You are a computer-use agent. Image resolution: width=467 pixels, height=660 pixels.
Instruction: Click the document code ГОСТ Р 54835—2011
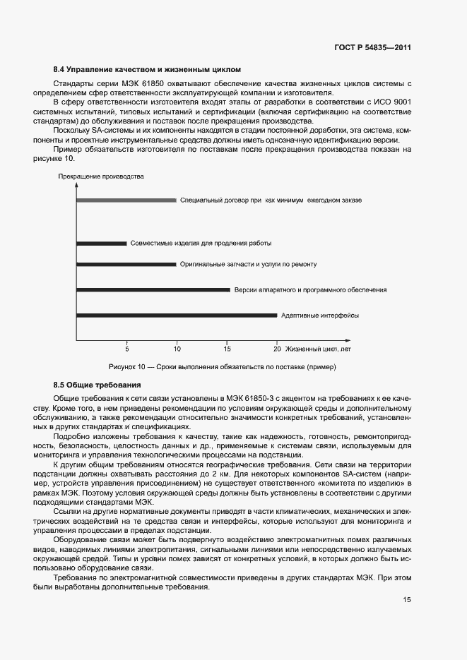click(372, 48)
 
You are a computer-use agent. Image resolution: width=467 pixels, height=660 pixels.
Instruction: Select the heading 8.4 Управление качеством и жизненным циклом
click(147, 70)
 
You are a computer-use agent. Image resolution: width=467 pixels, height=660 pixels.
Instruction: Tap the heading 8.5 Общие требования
click(97, 385)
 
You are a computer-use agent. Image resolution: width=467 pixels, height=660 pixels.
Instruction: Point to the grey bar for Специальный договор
click(126, 200)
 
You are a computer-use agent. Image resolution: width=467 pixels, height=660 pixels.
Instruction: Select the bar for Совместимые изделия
click(101, 244)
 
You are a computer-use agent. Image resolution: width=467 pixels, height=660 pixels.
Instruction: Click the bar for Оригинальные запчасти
click(126, 265)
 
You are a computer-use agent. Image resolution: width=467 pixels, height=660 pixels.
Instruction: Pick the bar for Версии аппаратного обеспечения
click(153, 289)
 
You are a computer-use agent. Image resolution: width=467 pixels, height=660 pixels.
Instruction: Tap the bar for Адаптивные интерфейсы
click(176, 315)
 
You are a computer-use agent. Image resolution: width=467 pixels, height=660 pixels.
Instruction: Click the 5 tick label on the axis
click(127, 349)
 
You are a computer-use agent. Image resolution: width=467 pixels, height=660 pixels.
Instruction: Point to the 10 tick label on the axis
click(177, 349)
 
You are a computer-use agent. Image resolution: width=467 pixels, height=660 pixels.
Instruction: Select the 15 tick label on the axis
click(227, 349)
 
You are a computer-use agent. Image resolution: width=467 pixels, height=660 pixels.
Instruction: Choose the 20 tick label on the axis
click(277, 349)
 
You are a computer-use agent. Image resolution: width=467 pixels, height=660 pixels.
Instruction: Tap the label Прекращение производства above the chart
click(101, 176)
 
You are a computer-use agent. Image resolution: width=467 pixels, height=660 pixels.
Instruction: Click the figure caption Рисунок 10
click(223, 368)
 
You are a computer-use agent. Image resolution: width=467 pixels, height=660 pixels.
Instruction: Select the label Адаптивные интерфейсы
click(319, 315)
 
